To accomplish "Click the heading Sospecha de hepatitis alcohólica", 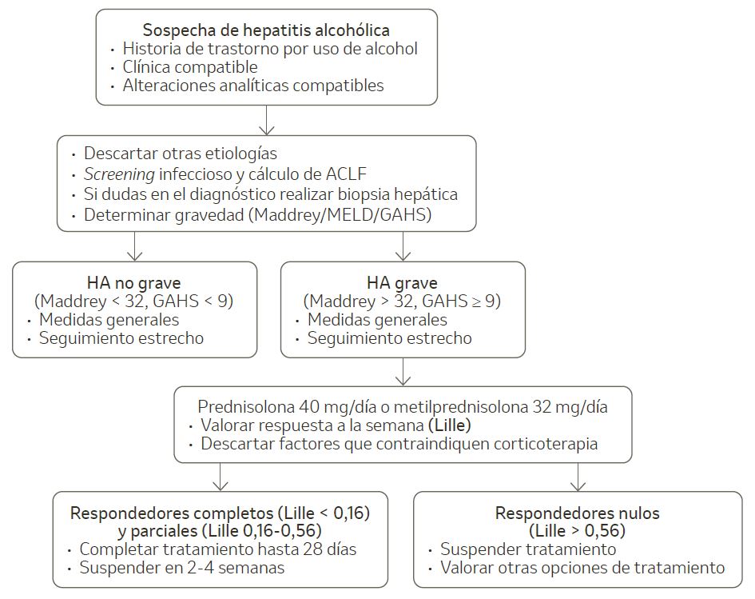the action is click(x=266, y=30).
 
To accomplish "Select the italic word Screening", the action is click(x=119, y=174).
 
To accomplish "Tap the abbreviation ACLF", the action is click(x=346, y=174).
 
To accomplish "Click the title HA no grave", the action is click(x=134, y=282).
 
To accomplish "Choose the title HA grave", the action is click(x=402, y=282).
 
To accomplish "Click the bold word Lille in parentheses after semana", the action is click(x=450, y=425).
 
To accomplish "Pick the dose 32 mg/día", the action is click(x=570, y=407).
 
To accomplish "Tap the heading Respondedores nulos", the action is click(x=578, y=513).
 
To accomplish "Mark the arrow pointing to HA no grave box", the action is click(x=134, y=246).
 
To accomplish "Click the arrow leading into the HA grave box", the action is click(x=403, y=246).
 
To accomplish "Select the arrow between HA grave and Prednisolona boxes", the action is click(x=403, y=372).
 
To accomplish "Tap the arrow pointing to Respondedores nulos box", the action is click(x=578, y=477).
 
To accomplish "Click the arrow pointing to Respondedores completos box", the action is click(x=220, y=477).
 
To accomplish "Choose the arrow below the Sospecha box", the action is click(x=266, y=120).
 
